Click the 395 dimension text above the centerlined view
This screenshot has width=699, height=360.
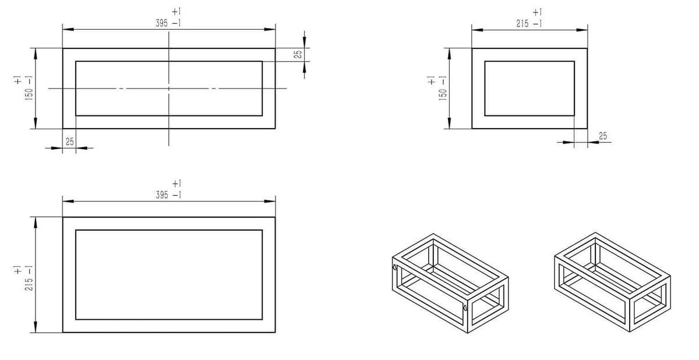click(x=162, y=23)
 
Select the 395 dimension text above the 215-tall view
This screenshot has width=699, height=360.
click(x=162, y=195)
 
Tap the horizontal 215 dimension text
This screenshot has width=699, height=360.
click(x=522, y=23)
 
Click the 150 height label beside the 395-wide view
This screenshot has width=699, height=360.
click(x=29, y=94)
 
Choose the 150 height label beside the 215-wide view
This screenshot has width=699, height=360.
click(x=443, y=94)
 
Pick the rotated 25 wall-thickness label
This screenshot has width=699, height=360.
click(x=298, y=54)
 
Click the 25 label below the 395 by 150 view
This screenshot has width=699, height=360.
click(x=69, y=142)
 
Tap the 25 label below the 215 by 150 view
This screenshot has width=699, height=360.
click(x=603, y=136)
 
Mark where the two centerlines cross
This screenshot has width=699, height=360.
click(x=169, y=89)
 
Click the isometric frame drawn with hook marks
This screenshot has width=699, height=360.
click(x=450, y=283)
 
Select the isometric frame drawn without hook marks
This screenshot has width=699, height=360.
click(x=613, y=282)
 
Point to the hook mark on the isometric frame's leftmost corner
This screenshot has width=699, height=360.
click(x=395, y=267)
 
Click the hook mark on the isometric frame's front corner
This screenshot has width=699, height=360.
click(x=465, y=308)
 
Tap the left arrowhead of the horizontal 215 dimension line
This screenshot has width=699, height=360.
click(x=478, y=30)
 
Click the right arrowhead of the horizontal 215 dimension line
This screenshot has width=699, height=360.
click(x=582, y=30)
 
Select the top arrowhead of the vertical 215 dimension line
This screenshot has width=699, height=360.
click(x=36, y=223)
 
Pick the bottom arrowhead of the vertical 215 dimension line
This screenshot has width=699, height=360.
click(x=36, y=327)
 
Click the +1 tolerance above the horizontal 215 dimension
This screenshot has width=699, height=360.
click(x=537, y=12)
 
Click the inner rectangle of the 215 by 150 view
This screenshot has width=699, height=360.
click(x=529, y=89)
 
